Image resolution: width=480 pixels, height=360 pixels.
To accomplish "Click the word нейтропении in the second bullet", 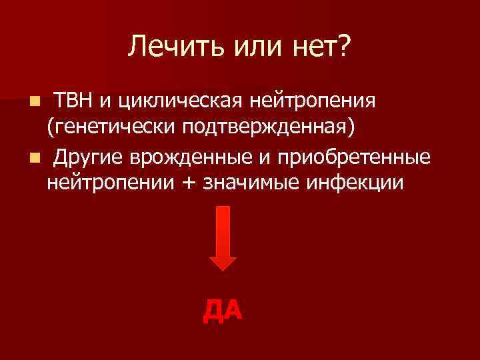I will click(109, 181).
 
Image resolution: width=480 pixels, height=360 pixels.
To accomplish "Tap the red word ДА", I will click(223, 309).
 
